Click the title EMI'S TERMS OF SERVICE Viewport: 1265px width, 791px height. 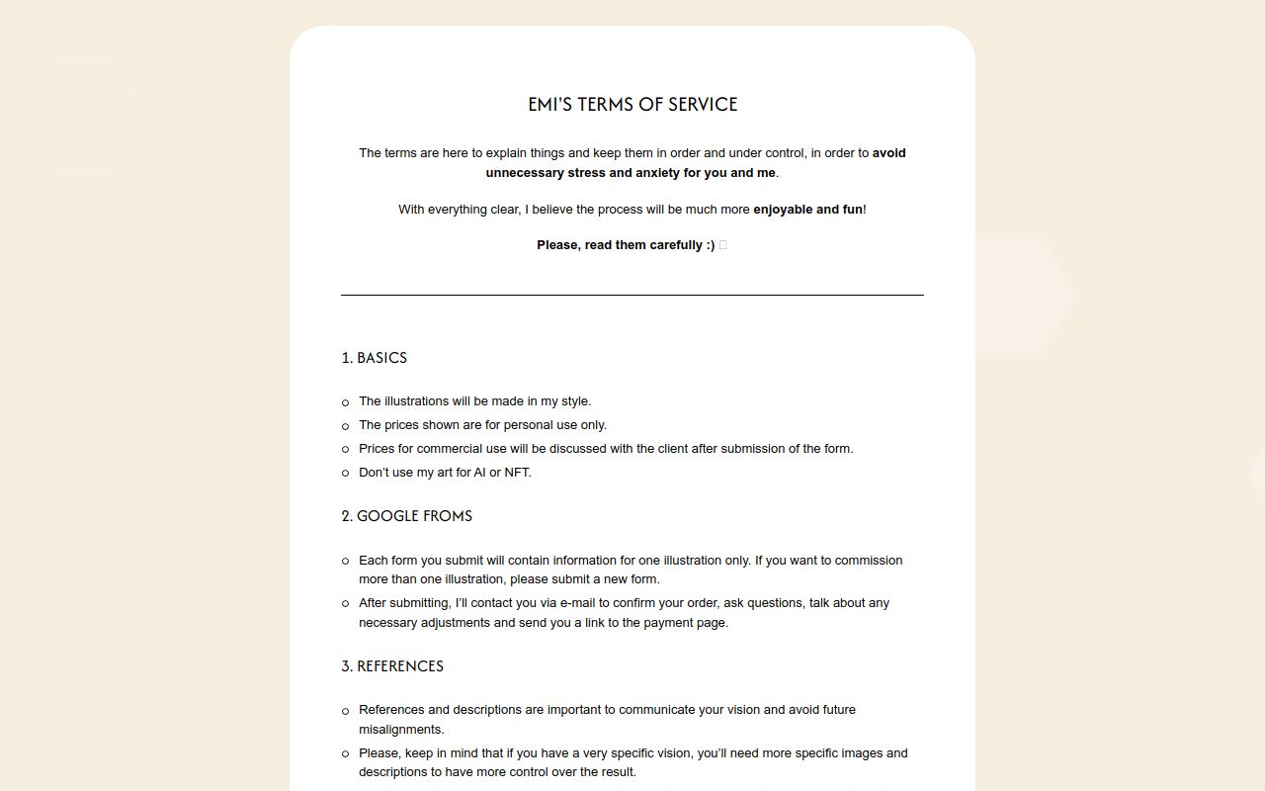(632, 105)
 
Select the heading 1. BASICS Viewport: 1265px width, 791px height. (374, 358)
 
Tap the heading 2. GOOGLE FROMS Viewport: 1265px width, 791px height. (406, 516)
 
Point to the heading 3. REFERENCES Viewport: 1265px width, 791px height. (392, 666)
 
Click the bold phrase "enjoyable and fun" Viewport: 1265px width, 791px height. (807, 210)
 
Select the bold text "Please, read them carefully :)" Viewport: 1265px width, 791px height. (626, 245)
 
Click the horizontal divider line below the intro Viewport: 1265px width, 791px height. (632, 295)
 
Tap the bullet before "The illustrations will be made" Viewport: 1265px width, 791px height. (345, 402)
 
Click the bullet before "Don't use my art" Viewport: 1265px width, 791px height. (345, 474)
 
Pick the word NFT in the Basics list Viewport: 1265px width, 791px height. (516, 473)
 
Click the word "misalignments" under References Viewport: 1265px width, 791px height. (400, 730)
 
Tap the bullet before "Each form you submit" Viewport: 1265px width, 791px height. (345, 562)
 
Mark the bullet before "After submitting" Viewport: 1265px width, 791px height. (345, 604)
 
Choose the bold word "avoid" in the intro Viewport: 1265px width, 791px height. (888, 153)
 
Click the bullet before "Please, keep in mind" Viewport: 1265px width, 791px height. (345, 754)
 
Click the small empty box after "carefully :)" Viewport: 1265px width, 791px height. (723, 245)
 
